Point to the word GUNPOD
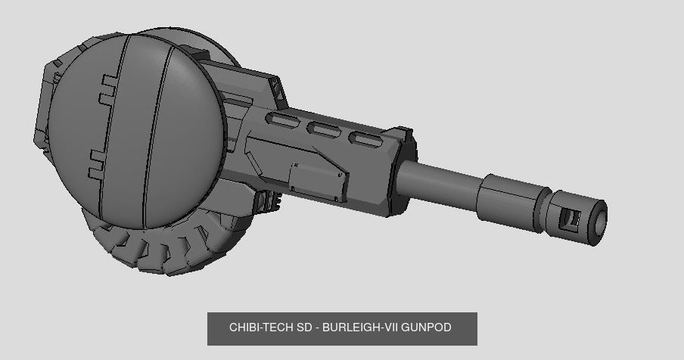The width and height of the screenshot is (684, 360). pos(427,327)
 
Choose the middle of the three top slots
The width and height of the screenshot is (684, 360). pos(325,130)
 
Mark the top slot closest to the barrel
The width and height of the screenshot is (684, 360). pos(365,139)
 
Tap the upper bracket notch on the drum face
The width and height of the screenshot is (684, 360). pos(108,88)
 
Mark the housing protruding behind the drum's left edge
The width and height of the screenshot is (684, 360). pos(47,106)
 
